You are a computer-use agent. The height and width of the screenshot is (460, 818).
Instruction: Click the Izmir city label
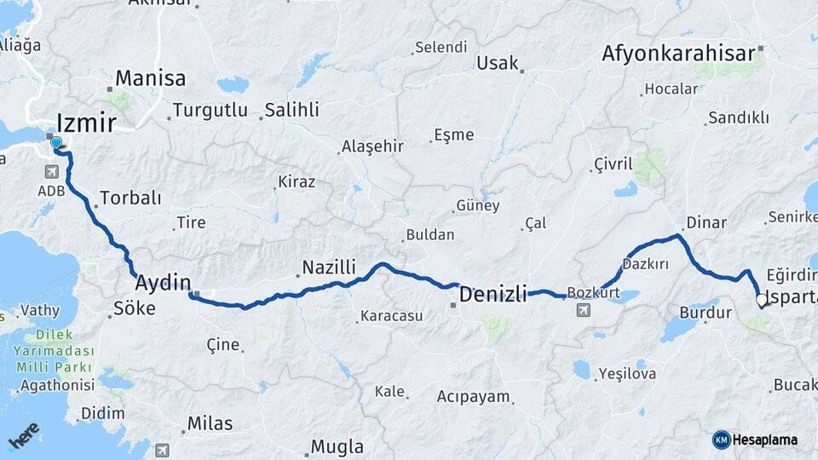pos(87,124)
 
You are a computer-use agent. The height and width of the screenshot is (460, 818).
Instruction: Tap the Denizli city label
pos(493,295)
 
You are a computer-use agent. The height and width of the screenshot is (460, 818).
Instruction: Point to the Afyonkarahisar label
pos(678,54)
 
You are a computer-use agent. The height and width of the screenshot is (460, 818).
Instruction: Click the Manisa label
pos(151,78)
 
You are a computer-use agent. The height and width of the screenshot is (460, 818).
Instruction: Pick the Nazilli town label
pos(330,267)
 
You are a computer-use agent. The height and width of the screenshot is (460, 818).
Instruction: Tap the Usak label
pos(498,62)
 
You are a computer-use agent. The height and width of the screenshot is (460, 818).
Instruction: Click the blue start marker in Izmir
pos(56,143)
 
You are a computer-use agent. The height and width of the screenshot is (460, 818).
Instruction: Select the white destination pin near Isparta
pos(762,300)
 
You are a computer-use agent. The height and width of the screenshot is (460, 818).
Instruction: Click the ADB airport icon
pos(52,171)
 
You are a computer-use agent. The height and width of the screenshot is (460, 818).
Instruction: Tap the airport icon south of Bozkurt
pos(584,309)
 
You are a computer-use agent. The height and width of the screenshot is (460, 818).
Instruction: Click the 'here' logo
pos(24,435)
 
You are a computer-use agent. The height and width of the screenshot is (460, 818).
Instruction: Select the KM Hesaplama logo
pos(755,440)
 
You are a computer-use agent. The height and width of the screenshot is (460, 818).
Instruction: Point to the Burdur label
pos(706,313)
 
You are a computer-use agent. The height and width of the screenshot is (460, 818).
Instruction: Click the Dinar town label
pos(706,222)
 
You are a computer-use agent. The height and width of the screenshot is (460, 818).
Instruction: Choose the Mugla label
pos(337,446)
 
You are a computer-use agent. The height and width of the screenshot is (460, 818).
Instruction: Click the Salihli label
pos(291,110)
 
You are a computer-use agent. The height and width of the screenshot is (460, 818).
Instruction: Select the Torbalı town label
pos(130,198)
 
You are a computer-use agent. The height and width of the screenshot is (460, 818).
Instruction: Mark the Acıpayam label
pos(473,397)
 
